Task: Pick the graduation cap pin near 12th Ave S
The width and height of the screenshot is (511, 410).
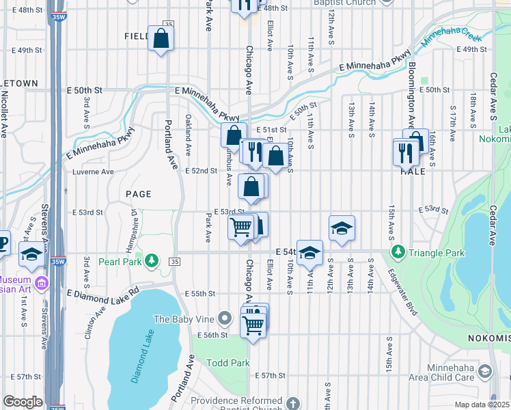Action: pos(342,228)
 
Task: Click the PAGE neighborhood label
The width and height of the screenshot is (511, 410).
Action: pos(138,194)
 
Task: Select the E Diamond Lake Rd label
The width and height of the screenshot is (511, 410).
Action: pos(102,296)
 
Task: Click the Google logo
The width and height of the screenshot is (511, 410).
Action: pos(23,401)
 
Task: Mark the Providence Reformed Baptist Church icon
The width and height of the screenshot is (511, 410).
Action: pos(294,404)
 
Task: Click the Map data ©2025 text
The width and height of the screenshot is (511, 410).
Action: pos(482,405)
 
